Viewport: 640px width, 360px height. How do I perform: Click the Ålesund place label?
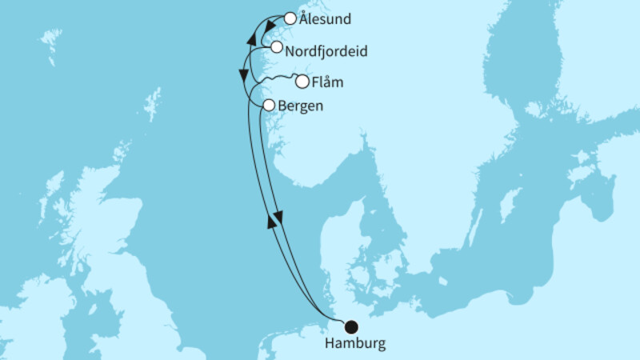pos(323,18)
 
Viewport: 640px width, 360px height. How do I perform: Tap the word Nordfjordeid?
pos(326,50)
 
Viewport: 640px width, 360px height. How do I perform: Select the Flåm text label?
pos(329,82)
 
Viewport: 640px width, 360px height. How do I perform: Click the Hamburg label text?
pos(354,344)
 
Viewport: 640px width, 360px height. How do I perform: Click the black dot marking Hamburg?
pos(350,326)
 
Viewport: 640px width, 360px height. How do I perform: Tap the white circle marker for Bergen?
pos(270,105)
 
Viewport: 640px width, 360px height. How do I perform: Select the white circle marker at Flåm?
pos(302,81)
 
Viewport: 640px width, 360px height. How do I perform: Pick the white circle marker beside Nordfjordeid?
pos(277,48)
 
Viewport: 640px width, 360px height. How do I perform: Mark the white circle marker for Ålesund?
pos(290,18)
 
